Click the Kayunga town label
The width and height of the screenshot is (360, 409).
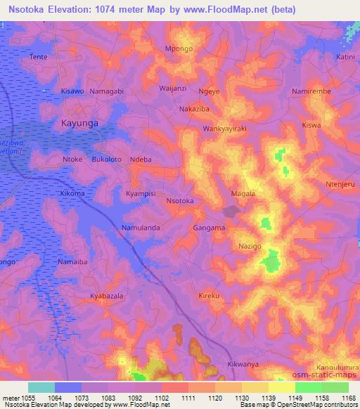pyautogui.click(x=79, y=122)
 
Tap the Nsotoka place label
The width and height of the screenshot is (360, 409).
pyautogui.click(x=179, y=201)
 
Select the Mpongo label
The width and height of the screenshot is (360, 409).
pyautogui.click(x=179, y=48)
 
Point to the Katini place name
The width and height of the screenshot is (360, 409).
pyautogui.click(x=345, y=56)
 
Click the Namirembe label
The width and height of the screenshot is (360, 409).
pyautogui.click(x=311, y=92)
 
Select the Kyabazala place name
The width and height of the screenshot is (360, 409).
pyautogui.click(x=107, y=297)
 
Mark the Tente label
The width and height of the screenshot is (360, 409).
pyautogui.click(x=38, y=56)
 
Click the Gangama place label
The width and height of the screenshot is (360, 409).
pyautogui.click(x=209, y=228)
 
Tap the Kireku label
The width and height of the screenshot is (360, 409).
pyautogui.click(x=210, y=296)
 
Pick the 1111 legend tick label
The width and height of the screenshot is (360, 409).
pyautogui.click(x=187, y=397)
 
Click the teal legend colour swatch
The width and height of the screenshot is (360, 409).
pyautogui.click(x=41, y=387)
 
